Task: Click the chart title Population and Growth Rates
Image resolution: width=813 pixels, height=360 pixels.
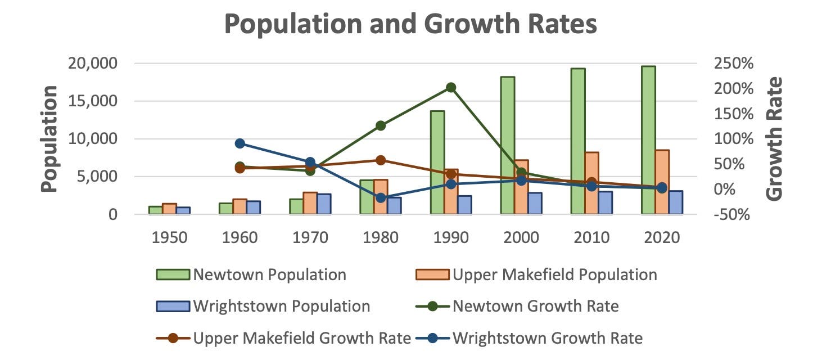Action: click(410, 25)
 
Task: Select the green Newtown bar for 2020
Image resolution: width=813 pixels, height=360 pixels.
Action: click(648, 140)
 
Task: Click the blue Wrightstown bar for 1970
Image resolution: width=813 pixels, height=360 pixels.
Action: click(324, 204)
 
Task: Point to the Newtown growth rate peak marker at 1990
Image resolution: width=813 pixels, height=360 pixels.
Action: click(451, 87)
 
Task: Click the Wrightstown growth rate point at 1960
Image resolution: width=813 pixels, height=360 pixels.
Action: click(240, 143)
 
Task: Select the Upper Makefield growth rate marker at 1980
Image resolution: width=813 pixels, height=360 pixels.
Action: click(381, 160)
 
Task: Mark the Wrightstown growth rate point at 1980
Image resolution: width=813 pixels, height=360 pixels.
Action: click(381, 197)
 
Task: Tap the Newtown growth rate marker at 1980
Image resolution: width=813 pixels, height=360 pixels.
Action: click(381, 125)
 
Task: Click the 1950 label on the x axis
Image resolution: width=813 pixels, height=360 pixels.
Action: click(170, 237)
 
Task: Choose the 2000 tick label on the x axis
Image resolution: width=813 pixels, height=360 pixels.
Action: click(521, 237)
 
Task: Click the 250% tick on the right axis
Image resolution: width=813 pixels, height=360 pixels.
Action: click(733, 64)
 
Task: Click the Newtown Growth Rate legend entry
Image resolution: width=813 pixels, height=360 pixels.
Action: click(517, 306)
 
